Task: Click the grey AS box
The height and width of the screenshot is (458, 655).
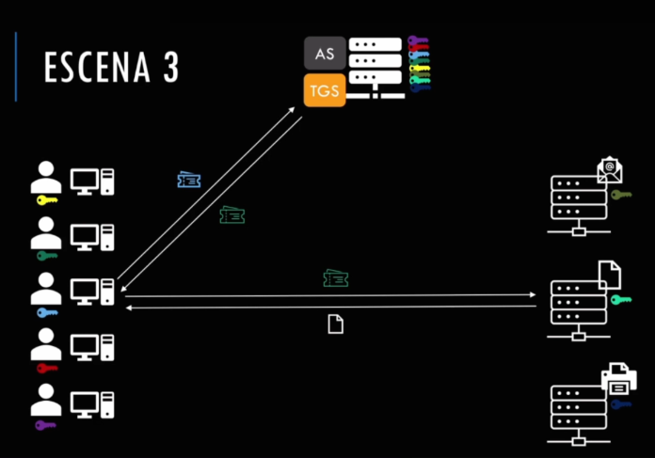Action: (x=325, y=53)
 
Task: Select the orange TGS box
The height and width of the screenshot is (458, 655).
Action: (x=325, y=90)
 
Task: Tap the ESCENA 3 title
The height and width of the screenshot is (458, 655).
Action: (x=112, y=67)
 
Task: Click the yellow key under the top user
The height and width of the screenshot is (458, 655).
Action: (x=47, y=200)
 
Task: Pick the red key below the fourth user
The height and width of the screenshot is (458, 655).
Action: (x=47, y=369)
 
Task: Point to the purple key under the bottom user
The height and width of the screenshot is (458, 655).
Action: (x=45, y=425)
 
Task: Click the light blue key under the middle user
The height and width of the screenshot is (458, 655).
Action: (x=47, y=312)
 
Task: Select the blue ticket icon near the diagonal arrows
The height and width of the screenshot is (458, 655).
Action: (x=189, y=180)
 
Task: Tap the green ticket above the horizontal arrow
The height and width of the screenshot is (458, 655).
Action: (x=336, y=278)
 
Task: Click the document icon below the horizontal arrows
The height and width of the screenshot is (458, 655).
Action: (x=335, y=324)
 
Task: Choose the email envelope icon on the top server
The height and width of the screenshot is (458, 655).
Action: (x=610, y=170)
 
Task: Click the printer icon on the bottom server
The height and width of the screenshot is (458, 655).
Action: (x=619, y=378)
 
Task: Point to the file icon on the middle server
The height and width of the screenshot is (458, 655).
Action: (x=610, y=275)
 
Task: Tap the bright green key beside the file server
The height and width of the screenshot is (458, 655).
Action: (x=621, y=299)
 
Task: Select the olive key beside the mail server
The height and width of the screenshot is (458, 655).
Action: (x=621, y=195)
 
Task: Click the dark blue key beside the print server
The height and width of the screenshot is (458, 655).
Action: (x=621, y=404)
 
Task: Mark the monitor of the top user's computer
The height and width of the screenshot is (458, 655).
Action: (x=85, y=182)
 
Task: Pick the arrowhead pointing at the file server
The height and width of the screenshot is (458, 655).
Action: (x=533, y=294)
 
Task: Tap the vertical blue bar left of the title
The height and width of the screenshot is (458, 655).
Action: (x=16, y=67)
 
